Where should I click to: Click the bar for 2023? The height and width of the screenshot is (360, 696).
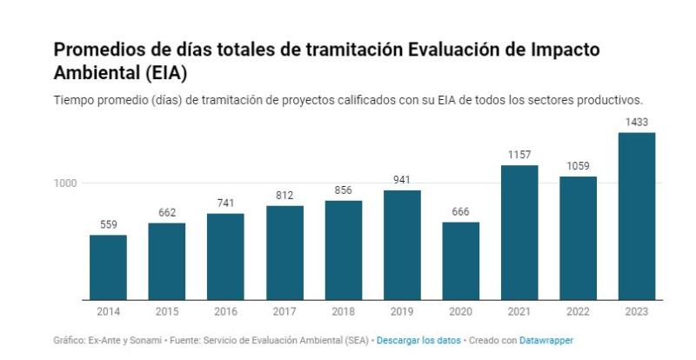(x=637, y=217)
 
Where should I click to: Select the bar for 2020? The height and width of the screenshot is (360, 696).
(x=460, y=261)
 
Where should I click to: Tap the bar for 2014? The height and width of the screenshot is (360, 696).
(x=108, y=268)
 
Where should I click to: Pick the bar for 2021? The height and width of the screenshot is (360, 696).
(x=519, y=233)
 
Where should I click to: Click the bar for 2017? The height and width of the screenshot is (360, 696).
(x=284, y=253)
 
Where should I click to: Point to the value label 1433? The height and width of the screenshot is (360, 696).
(x=637, y=122)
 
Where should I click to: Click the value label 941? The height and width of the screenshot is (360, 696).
(x=402, y=180)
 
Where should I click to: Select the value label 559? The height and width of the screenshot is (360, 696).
(x=108, y=224)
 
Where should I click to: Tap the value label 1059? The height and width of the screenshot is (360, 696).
(x=578, y=166)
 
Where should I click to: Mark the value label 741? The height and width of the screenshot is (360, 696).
(x=225, y=203)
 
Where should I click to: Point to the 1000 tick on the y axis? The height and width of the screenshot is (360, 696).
(x=68, y=183)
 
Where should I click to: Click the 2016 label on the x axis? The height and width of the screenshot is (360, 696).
(x=225, y=310)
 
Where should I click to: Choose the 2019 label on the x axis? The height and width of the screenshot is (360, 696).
(x=402, y=310)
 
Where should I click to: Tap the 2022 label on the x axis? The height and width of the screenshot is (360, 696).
(x=578, y=310)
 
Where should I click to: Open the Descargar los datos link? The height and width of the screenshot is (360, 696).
(x=413, y=340)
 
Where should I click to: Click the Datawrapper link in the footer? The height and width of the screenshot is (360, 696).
(x=546, y=340)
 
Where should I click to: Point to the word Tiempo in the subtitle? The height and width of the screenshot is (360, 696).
(x=73, y=99)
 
